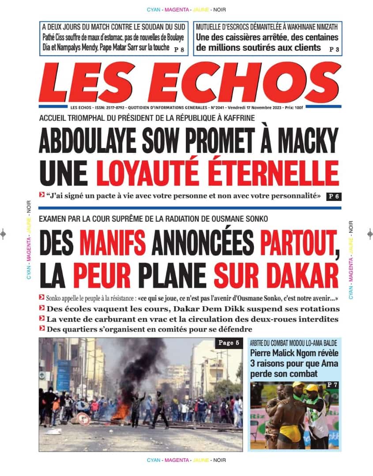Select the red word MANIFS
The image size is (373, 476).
tap(113, 243)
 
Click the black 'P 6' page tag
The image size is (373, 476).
tap(334, 197)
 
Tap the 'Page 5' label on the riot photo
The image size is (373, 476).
tap(228, 343)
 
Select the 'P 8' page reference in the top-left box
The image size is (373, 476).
tap(179, 49)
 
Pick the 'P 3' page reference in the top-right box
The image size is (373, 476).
tap(334, 49)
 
